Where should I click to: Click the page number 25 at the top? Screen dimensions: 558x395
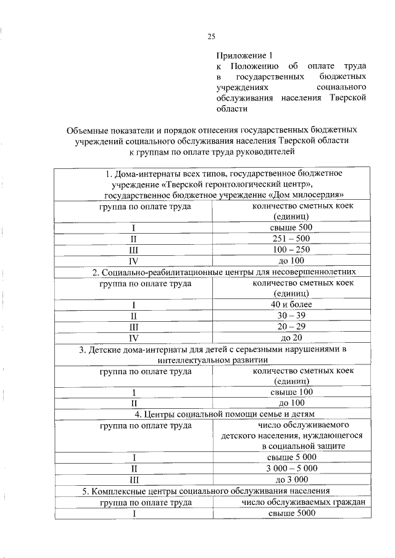pyautogui.click(x=210, y=37)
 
